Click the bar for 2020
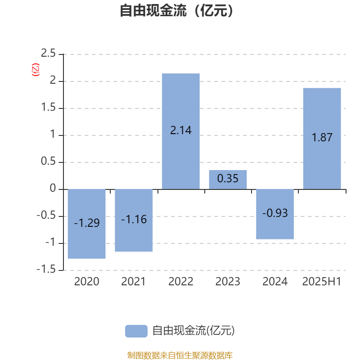[87, 224]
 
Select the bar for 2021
[134, 220]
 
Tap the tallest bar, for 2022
[181, 131]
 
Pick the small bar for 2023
[228, 180]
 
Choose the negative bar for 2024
[275, 214]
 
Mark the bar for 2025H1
[322, 139]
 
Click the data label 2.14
[181, 130]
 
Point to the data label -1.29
[87, 223]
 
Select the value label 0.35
[228, 178]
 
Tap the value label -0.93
[275, 213]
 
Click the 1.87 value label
[322, 137]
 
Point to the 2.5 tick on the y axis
[48, 53]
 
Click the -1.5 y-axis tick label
[46, 269]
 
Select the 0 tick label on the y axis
[53, 188]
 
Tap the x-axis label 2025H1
[322, 282]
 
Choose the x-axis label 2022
[181, 282]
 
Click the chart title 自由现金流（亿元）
[177, 10]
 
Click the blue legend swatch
[136, 331]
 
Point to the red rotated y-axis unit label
[36, 70]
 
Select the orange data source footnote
[180, 355]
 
